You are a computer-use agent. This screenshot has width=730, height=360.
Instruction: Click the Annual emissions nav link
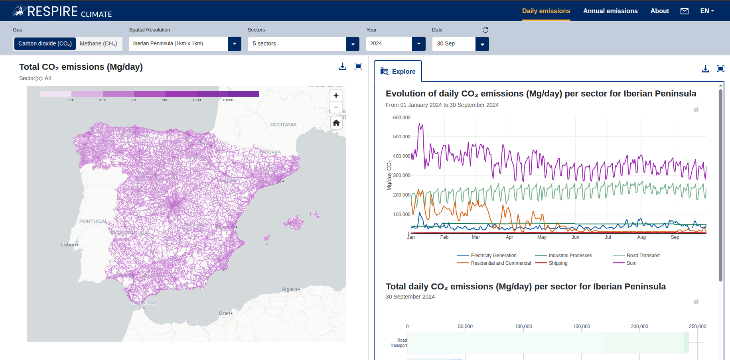coord(610,11)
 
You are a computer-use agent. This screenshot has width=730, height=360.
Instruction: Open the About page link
coord(659,11)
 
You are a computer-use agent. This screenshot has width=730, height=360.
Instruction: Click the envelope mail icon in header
coord(685,11)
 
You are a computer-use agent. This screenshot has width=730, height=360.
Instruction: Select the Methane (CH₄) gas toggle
coord(98,43)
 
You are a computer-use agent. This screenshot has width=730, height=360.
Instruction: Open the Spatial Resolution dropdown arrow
coord(235,44)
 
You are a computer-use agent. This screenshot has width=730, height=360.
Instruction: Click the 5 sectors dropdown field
coord(297,44)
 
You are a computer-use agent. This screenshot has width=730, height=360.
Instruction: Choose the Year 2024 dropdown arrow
coord(418,44)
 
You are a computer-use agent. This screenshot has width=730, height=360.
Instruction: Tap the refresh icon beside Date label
coord(485,30)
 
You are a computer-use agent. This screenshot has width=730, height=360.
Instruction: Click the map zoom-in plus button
coord(336,96)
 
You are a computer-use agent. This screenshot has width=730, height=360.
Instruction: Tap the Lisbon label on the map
coord(69,245)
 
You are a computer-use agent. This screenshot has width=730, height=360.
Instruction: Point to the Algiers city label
coord(290,289)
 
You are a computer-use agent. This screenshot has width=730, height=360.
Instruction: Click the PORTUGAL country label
coord(93,222)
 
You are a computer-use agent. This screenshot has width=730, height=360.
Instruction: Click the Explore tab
coord(398,71)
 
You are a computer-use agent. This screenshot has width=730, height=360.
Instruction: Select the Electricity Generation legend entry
coord(493,256)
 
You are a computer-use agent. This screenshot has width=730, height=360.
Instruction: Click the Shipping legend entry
coord(558,263)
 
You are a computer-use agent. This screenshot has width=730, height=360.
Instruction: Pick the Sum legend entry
coord(631,263)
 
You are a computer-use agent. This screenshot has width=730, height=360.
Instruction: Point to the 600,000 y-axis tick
coord(401,118)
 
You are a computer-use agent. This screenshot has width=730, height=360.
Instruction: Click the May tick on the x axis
coord(542,237)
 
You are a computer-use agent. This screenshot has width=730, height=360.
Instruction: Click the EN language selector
coord(707,11)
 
